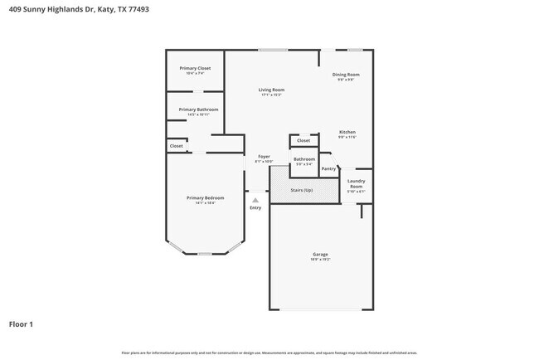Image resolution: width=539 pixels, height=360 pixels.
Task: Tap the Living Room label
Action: pyautogui.click(x=271, y=90)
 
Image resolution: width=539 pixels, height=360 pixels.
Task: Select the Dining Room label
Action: pyautogui.click(x=347, y=75)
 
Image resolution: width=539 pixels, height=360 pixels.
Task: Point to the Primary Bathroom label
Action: pyautogui.click(x=198, y=109)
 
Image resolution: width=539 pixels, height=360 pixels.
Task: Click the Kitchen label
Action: pyautogui.click(x=347, y=133)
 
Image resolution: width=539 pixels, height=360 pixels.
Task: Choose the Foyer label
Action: pyautogui.click(x=264, y=156)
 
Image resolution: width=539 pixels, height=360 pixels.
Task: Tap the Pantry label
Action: pyautogui.click(x=329, y=168)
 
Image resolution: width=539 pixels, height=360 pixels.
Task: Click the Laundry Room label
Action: pyautogui.click(x=356, y=183)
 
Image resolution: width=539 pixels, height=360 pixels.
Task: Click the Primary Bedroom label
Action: pyautogui.click(x=205, y=197)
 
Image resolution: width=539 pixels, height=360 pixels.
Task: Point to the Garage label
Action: pyautogui.click(x=320, y=254)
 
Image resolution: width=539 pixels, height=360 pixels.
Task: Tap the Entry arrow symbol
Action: pyautogui.click(x=255, y=200)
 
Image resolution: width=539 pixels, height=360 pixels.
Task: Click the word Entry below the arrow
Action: pyautogui.click(x=255, y=207)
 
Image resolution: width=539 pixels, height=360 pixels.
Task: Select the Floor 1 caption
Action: pyautogui.click(x=22, y=324)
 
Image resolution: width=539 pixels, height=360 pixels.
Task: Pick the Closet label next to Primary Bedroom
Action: pyautogui.click(x=176, y=146)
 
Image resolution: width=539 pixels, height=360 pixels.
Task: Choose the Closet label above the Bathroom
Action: pyautogui.click(x=303, y=141)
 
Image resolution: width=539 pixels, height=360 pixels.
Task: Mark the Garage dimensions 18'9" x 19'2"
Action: pyautogui.click(x=320, y=260)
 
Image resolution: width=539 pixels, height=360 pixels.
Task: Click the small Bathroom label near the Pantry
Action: pyautogui.click(x=304, y=158)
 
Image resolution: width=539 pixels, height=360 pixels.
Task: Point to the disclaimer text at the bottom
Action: pyautogui.click(x=269, y=352)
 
